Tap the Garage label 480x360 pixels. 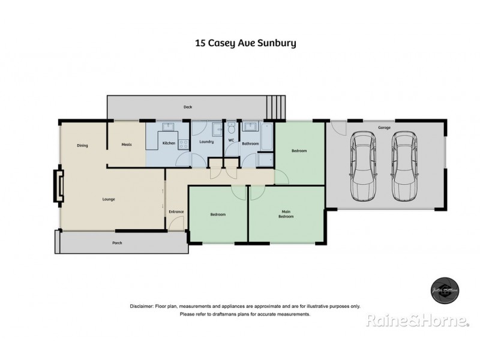(x=385, y=128)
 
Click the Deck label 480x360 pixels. (x=187, y=107)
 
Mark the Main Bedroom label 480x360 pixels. (x=287, y=214)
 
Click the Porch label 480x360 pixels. (x=118, y=243)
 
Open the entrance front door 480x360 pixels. (x=175, y=224)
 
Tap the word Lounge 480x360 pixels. (x=108, y=199)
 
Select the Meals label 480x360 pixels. (x=127, y=145)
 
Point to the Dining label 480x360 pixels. (x=83, y=145)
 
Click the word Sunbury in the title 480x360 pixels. (x=278, y=43)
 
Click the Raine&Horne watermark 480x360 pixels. (x=418, y=322)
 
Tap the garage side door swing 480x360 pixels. (x=338, y=128)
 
